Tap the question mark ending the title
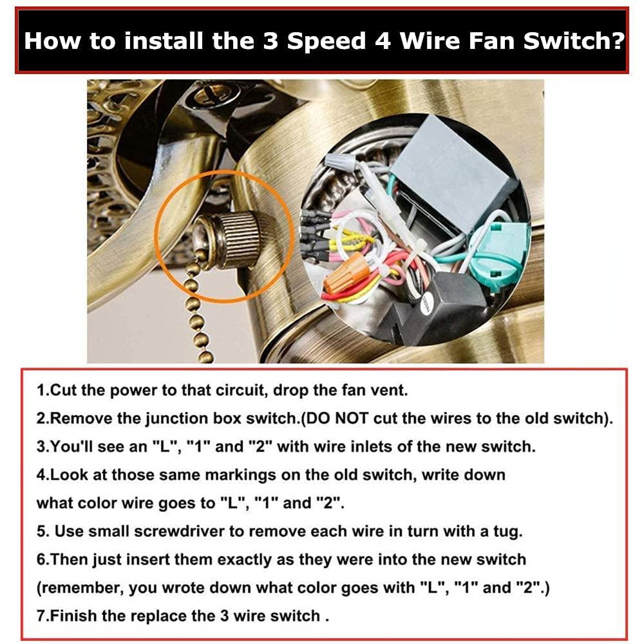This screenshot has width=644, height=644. pyautogui.click(x=617, y=41)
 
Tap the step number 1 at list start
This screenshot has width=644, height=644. pyautogui.click(x=41, y=390)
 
